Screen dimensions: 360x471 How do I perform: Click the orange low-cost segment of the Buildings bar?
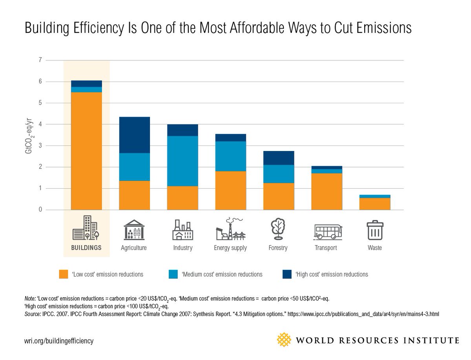click(x=86, y=151)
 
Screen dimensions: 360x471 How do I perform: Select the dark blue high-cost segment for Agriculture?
click(x=134, y=135)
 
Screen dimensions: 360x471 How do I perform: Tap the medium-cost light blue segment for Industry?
click(x=183, y=161)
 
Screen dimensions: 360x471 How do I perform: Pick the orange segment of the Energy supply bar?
click(x=230, y=190)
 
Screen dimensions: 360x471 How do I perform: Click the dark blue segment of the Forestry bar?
click(x=279, y=158)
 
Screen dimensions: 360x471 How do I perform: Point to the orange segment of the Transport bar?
click(x=326, y=191)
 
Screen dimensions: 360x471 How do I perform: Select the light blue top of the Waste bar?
click(x=375, y=196)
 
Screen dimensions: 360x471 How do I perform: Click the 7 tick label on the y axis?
click(x=40, y=60)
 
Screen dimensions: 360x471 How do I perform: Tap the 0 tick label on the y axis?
click(x=40, y=210)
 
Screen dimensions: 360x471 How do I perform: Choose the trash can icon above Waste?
click(x=375, y=230)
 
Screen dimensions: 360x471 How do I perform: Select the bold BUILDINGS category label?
click(x=86, y=248)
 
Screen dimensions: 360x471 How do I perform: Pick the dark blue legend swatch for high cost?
click(x=287, y=274)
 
